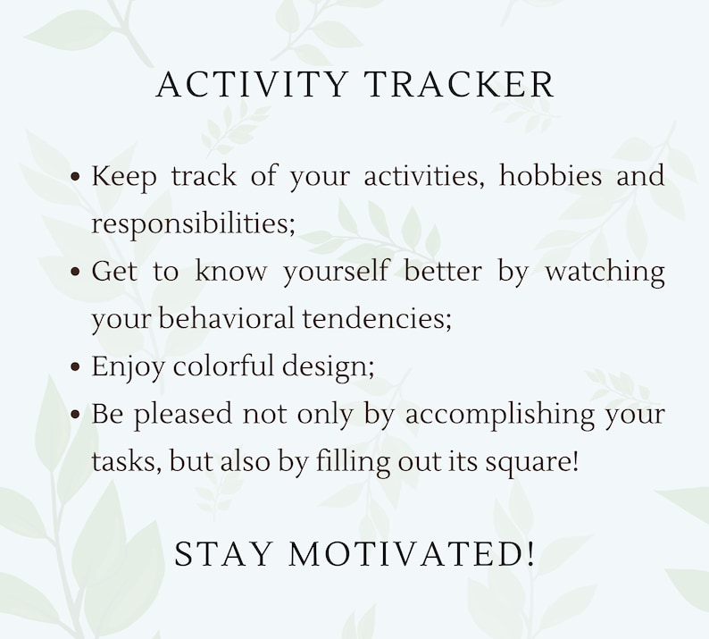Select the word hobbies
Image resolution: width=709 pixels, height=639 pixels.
point(551,175)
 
